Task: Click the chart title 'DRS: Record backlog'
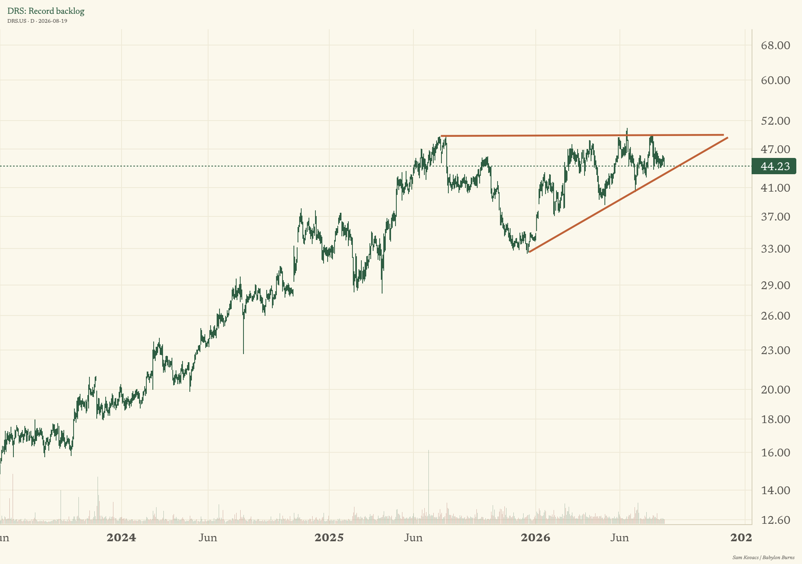pyautogui.click(x=46, y=11)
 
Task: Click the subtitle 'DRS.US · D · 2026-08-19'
pyautogui.click(x=37, y=21)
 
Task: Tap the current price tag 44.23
pyautogui.click(x=774, y=166)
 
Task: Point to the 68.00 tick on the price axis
pyautogui.click(x=776, y=45)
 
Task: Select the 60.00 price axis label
pyautogui.click(x=776, y=80)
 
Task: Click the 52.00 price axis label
pyautogui.click(x=776, y=121)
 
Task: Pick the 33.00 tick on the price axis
pyautogui.click(x=776, y=249)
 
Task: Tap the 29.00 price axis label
pyautogui.click(x=776, y=285)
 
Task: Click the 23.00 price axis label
pyautogui.click(x=776, y=350)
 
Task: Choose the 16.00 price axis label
pyautogui.click(x=776, y=453)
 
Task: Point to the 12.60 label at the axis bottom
pyautogui.click(x=776, y=520)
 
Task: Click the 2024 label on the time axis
pyautogui.click(x=121, y=538)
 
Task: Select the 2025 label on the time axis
pyautogui.click(x=329, y=538)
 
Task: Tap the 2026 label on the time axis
pyautogui.click(x=536, y=538)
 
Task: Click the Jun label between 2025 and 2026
pyautogui.click(x=413, y=538)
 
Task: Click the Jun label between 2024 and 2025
pyautogui.click(x=208, y=538)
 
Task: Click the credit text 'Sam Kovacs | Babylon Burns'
pyautogui.click(x=763, y=558)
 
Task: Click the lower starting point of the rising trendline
pyautogui.click(x=529, y=253)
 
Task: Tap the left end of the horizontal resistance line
pyautogui.click(x=441, y=136)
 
